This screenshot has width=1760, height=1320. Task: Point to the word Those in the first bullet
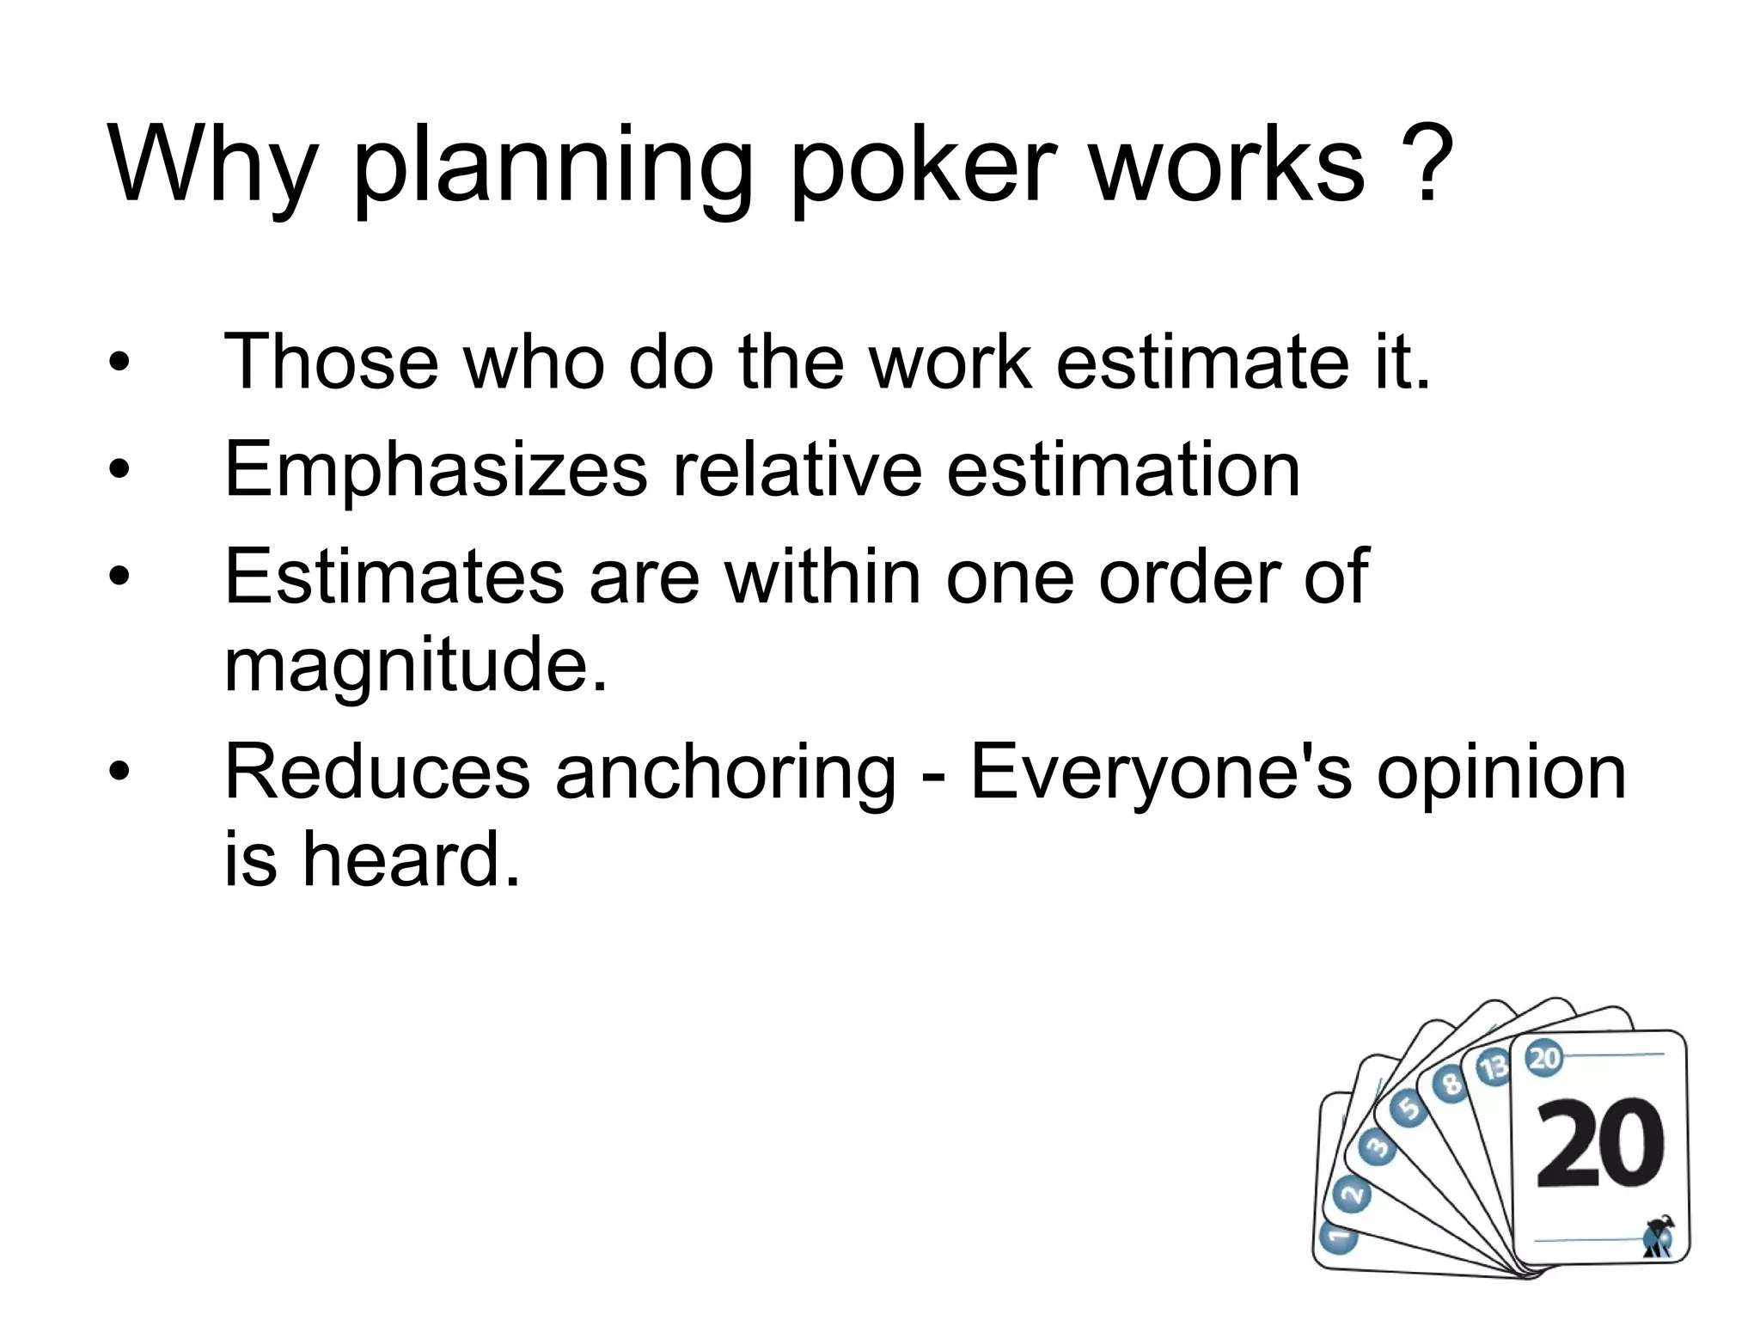332,362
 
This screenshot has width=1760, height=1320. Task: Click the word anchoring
725,772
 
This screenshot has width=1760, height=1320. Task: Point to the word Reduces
377,772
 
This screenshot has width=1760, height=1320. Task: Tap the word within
822,577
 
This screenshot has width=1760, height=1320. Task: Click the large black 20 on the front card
1599,1144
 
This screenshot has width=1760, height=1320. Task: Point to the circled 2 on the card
1352,1195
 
